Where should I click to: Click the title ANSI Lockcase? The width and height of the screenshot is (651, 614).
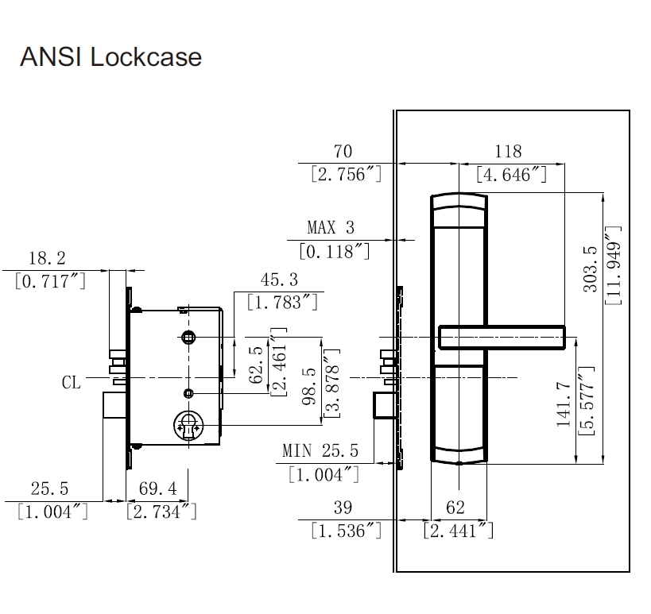(110, 57)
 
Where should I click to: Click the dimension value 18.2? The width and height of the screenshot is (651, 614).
(47, 258)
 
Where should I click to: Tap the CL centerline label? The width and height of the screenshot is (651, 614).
(72, 383)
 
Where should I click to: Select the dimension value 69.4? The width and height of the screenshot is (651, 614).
(157, 488)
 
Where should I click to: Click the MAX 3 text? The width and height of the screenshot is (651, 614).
(330, 228)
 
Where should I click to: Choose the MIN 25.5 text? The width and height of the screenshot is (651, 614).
(320, 452)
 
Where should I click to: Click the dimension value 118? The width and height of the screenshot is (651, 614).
(508, 151)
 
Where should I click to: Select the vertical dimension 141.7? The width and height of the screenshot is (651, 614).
(564, 404)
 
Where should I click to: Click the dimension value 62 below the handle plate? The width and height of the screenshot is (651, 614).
(455, 508)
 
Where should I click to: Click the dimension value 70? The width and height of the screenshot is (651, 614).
(343, 151)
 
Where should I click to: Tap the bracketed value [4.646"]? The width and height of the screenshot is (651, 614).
(511, 175)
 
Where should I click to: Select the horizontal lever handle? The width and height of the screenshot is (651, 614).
(502, 338)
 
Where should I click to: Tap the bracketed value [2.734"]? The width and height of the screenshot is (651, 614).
(161, 512)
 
